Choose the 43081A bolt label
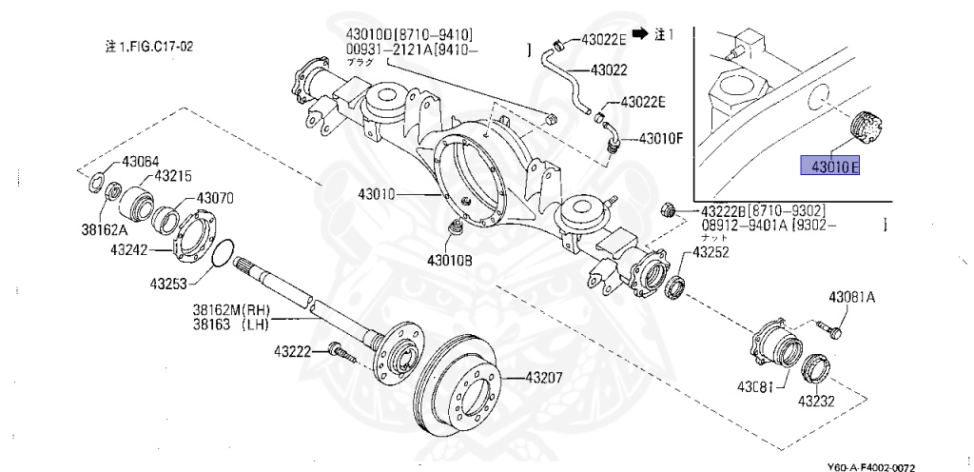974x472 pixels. point(851,298)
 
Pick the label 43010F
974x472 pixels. point(661,138)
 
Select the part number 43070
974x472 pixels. point(216,199)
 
